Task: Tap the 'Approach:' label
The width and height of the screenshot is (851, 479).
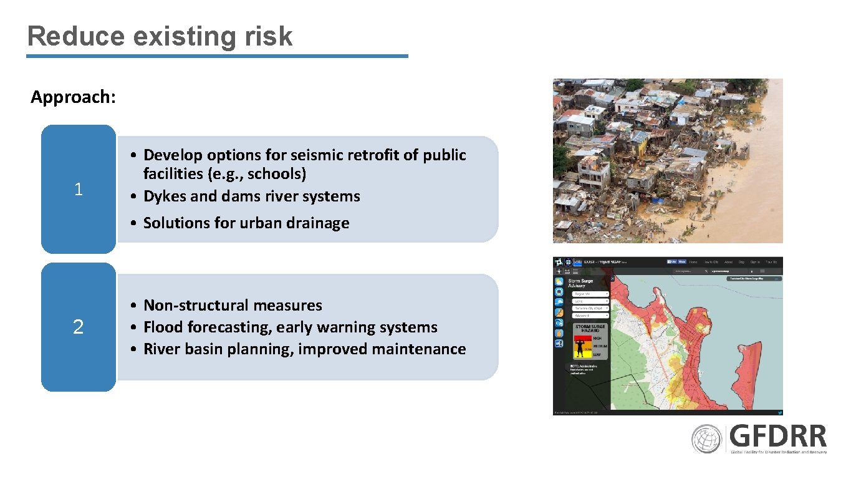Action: pyautogui.click(x=73, y=97)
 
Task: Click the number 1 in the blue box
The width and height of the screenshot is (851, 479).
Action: pyautogui.click(x=78, y=190)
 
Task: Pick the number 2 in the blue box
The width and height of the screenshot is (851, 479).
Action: pyautogui.click(x=78, y=327)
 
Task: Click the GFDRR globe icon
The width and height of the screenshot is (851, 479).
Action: pyautogui.click(x=706, y=439)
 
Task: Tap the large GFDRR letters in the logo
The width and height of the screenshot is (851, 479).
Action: pyautogui.click(x=778, y=436)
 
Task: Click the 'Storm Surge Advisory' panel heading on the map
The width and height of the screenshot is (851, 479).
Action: pyautogui.click(x=582, y=283)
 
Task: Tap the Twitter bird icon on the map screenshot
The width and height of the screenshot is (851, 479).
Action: pyautogui.click(x=779, y=412)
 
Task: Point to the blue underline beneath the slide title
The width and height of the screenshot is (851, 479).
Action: pyautogui.click(x=217, y=56)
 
